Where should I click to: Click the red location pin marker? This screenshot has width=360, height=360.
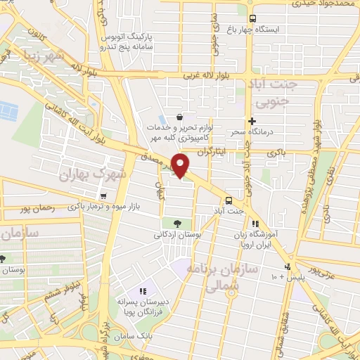tap(181, 165)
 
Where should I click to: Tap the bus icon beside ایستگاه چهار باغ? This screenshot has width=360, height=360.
tap(252, 18)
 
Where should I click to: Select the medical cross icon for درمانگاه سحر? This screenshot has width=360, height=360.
tap(252, 121)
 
